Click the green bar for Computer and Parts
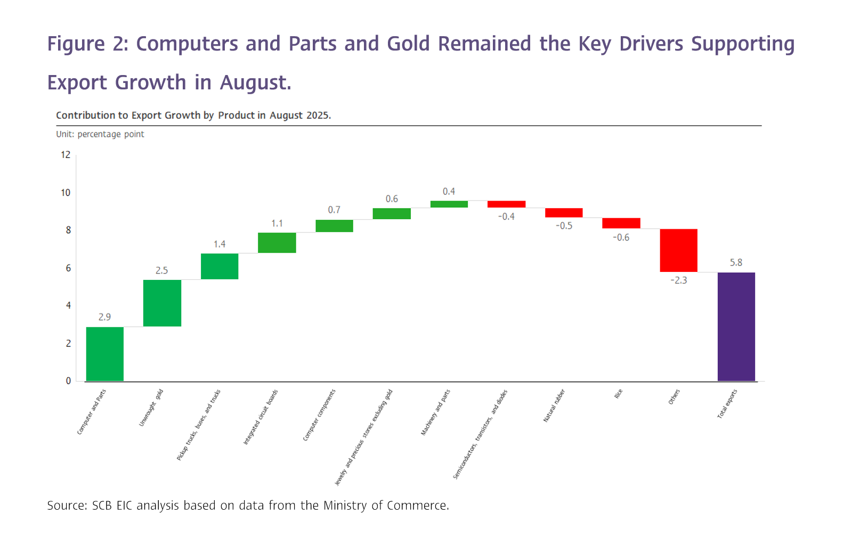(x=104, y=354)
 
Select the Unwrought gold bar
(x=162, y=303)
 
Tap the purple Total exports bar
(x=736, y=327)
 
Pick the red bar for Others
(x=678, y=250)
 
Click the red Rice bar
(x=621, y=223)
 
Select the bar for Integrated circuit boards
(x=277, y=243)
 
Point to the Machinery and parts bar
(x=449, y=204)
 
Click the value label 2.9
(x=104, y=317)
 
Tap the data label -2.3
(x=678, y=280)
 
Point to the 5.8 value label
(x=736, y=262)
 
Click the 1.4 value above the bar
(x=220, y=244)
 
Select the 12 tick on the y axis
(x=66, y=155)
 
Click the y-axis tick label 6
(x=68, y=268)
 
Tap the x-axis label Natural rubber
(x=554, y=406)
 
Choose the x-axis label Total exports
(x=727, y=404)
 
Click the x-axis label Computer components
(x=319, y=415)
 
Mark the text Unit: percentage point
(x=100, y=134)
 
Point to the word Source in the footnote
(x=66, y=505)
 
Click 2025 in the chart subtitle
(x=318, y=115)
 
